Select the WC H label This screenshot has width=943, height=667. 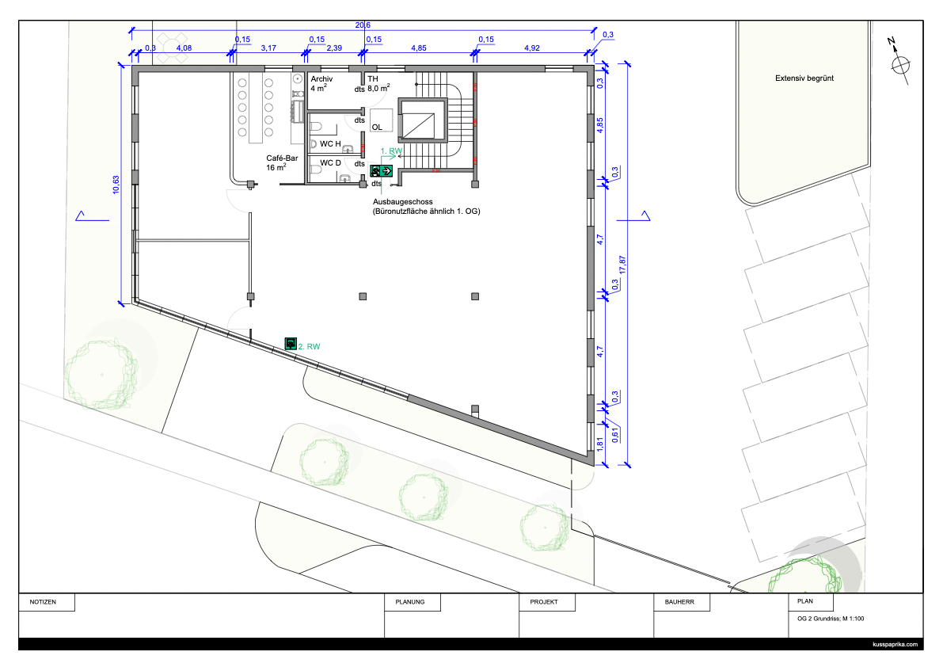pyautogui.click(x=330, y=143)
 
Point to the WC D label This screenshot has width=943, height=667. pyautogui.click(x=330, y=163)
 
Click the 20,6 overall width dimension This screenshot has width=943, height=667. pyautogui.click(x=363, y=25)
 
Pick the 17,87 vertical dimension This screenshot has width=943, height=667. pyautogui.click(x=622, y=265)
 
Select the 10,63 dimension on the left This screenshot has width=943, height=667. pyautogui.click(x=116, y=185)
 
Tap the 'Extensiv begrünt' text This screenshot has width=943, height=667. pyautogui.click(x=804, y=78)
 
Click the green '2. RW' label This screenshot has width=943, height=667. pyautogui.click(x=309, y=346)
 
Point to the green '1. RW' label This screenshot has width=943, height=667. pyautogui.click(x=391, y=151)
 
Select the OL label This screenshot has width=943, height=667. pyautogui.click(x=377, y=127)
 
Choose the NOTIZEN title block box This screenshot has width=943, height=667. pyautogui.click(x=47, y=602)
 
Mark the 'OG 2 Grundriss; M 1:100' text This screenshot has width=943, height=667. pyautogui.click(x=831, y=619)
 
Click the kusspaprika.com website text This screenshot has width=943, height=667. pyautogui.click(x=895, y=644)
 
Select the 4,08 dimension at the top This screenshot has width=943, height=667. pyautogui.click(x=184, y=48)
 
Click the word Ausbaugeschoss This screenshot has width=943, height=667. pyautogui.click(x=403, y=202)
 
